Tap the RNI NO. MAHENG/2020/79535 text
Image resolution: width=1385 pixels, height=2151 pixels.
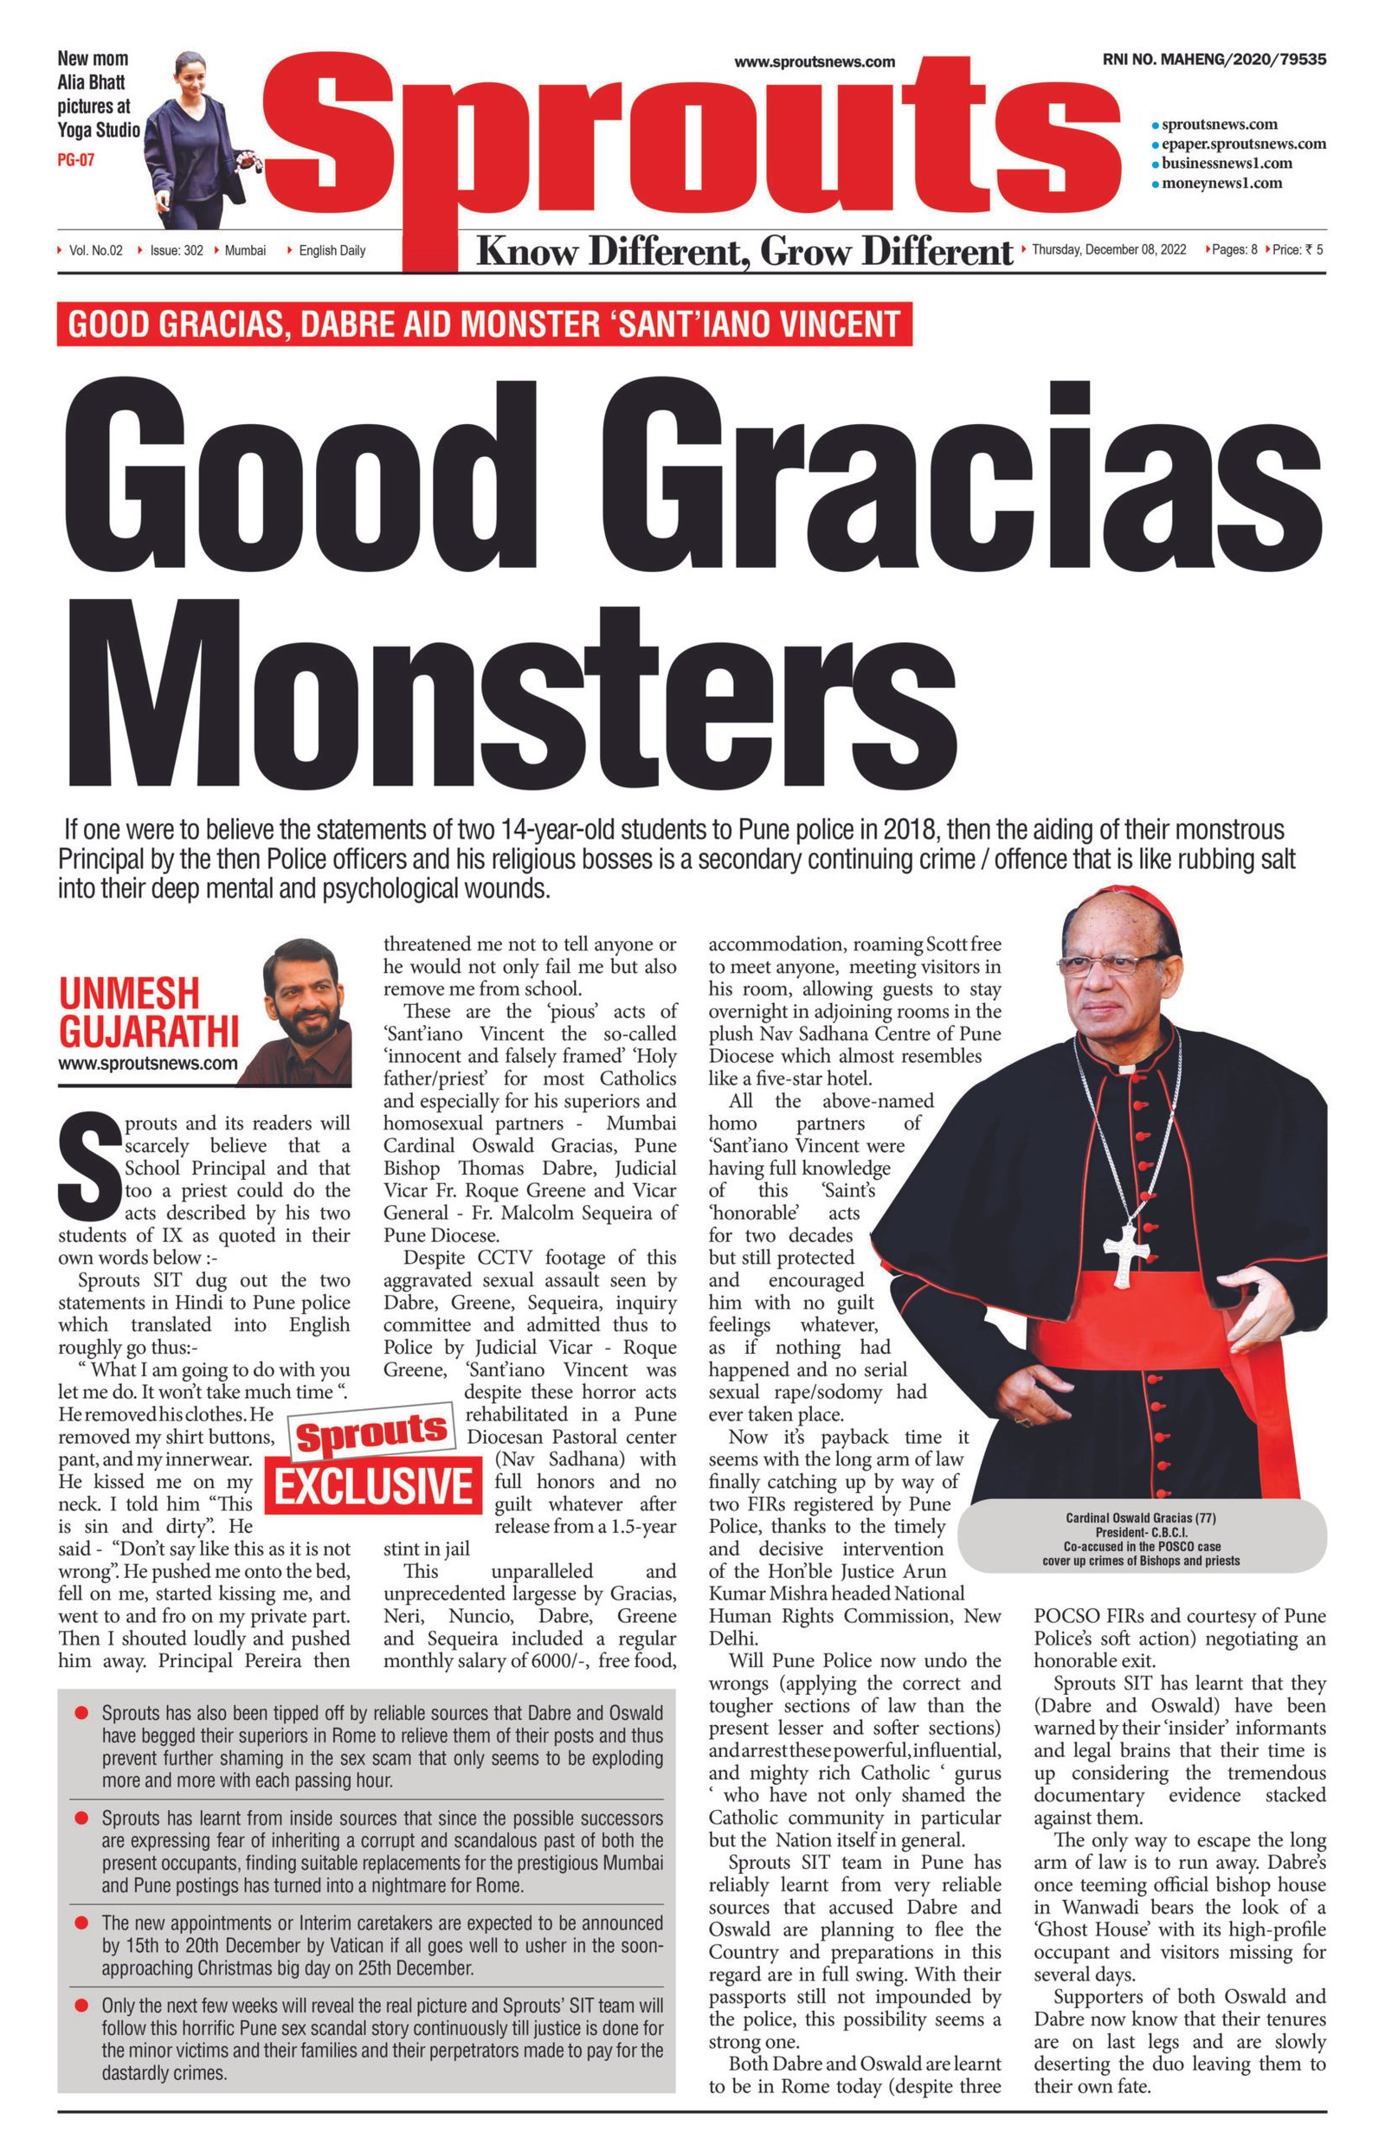coord(1214,60)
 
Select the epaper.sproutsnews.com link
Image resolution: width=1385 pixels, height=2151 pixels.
coord(1243,144)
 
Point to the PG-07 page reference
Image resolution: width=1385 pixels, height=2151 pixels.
coord(75,160)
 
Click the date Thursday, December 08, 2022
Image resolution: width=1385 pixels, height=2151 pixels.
coord(1108,249)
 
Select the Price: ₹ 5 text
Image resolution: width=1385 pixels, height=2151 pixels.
coord(1297,249)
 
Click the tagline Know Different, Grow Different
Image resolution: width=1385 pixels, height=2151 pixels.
coord(744,252)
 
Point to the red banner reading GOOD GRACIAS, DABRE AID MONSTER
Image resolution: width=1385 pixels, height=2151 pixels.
coord(484,324)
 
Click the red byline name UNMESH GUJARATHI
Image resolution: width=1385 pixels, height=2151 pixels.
coord(148,1012)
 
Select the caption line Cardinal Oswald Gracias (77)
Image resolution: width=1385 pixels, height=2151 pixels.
coord(1140,1518)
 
